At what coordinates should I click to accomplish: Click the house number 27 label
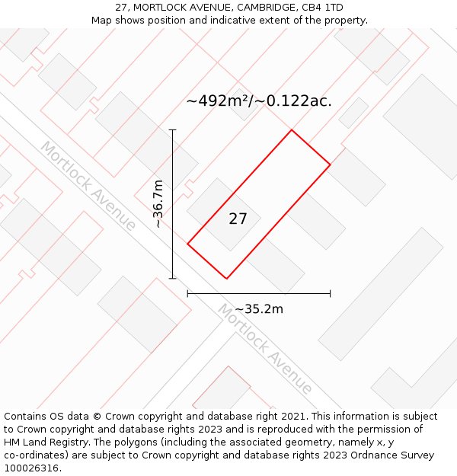(238, 219)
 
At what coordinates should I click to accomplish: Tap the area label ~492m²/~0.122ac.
(259, 101)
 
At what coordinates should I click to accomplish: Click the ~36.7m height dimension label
(158, 203)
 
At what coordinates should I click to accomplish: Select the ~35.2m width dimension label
(259, 309)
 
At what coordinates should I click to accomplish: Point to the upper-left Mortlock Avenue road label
(88, 185)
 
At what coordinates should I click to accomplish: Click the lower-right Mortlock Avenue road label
(264, 349)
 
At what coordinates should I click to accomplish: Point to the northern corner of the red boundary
(292, 130)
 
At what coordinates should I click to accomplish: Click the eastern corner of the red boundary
(330, 165)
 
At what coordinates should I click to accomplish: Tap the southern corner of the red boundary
(226, 279)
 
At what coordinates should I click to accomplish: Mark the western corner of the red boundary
(187, 244)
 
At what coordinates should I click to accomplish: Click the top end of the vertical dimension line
(173, 130)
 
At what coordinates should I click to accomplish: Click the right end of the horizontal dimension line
(330, 293)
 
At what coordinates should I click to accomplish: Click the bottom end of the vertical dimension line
(173, 279)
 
